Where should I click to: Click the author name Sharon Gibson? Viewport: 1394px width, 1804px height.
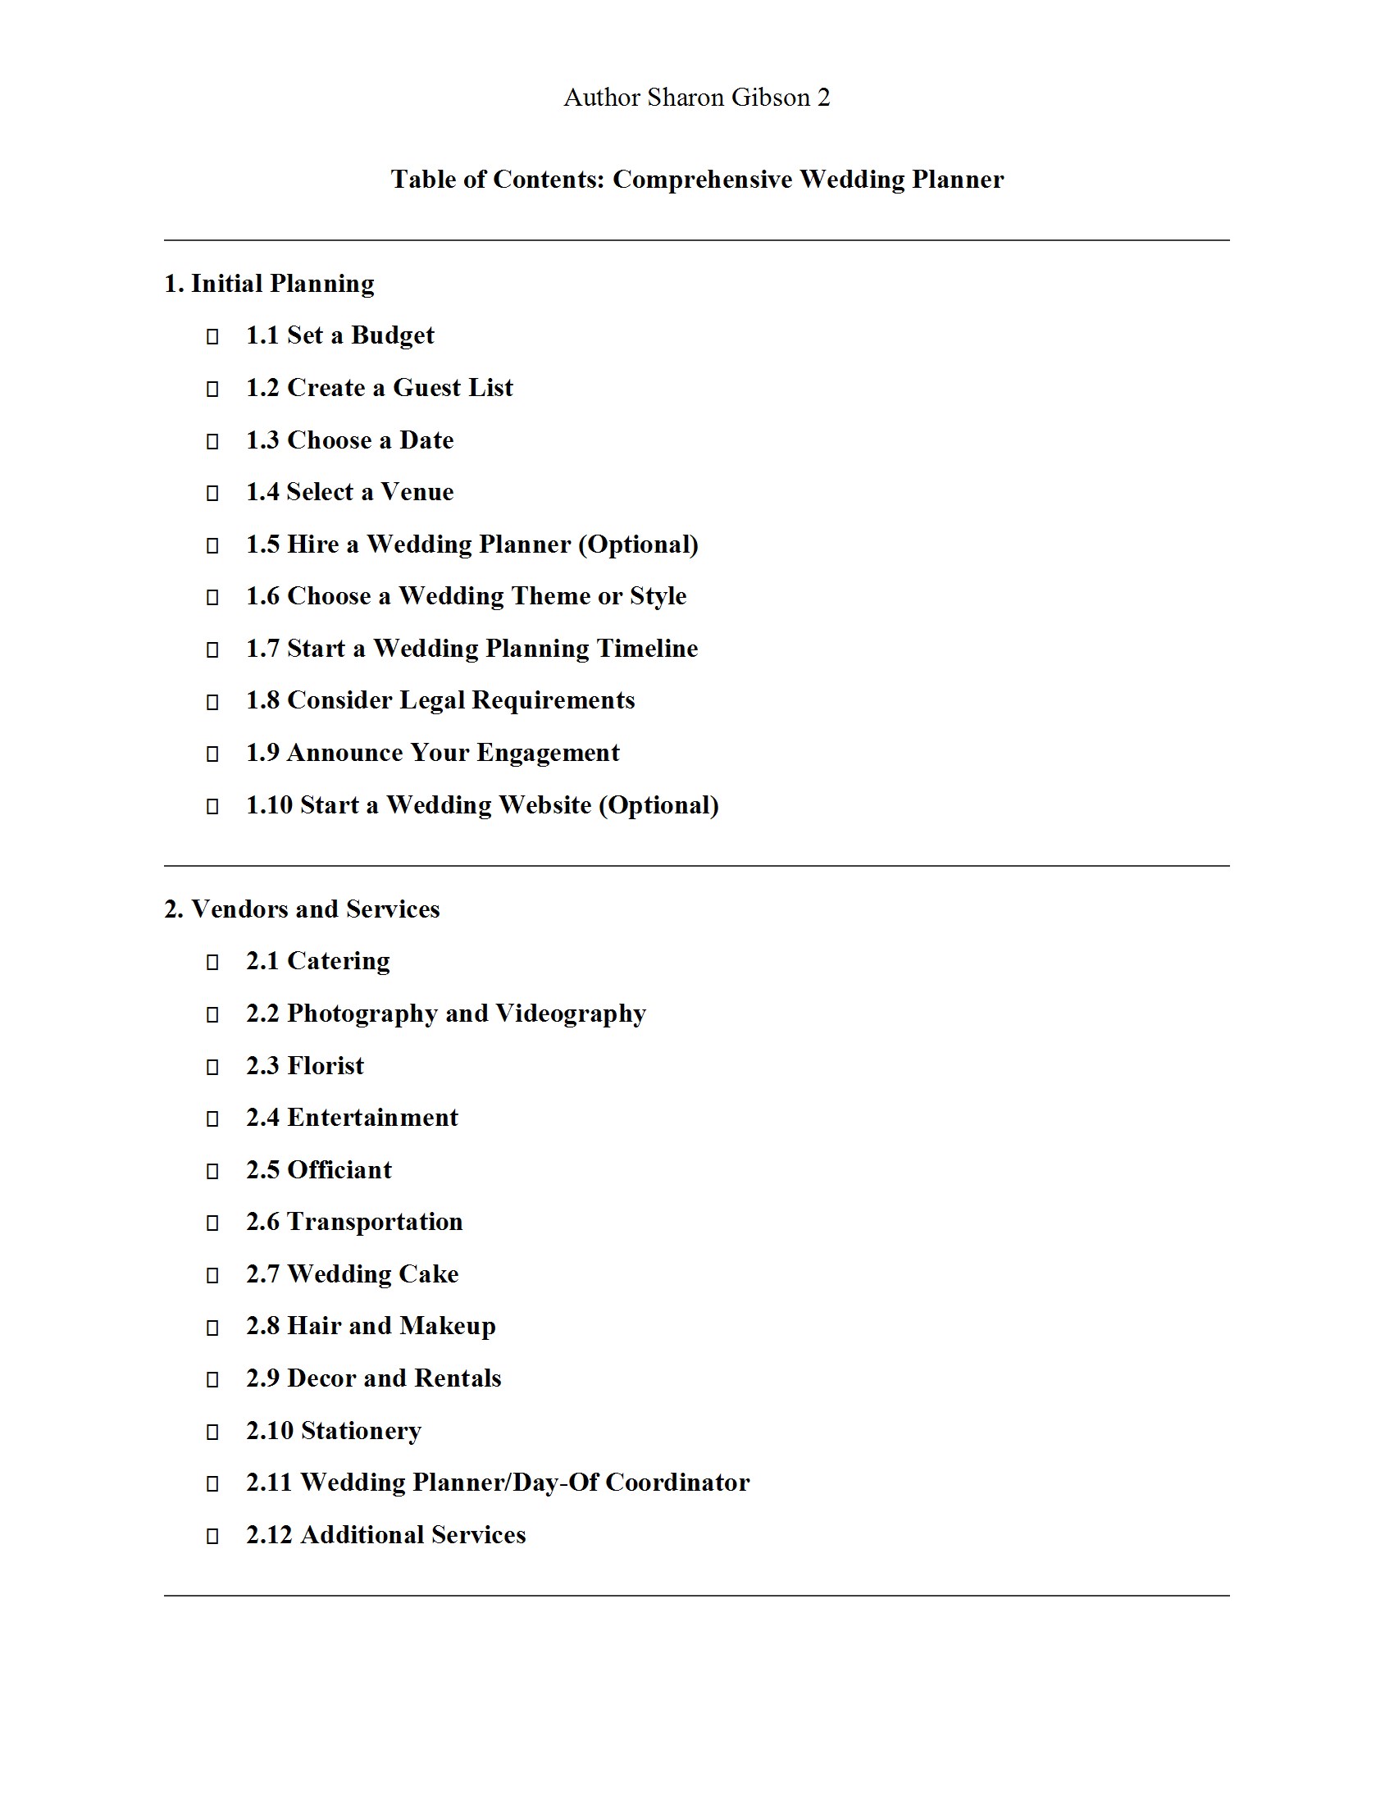coord(727,98)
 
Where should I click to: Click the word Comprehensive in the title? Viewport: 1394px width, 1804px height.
coord(701,180)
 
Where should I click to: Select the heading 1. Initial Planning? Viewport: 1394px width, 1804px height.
coord(268,284)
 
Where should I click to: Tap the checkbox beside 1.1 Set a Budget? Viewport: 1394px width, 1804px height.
coord(212,336)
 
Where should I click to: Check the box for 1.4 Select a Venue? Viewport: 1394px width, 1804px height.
coord(212,493)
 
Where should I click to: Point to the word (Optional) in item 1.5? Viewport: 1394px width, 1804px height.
coord(637,544)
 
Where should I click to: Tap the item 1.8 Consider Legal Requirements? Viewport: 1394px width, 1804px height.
coord(440,700)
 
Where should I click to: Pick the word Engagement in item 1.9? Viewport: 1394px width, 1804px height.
coord(548,753)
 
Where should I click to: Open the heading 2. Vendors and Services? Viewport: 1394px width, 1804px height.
coord(302,909)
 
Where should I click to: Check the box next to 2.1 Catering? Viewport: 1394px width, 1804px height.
coord(212,963)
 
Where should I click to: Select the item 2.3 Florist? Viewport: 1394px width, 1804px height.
coord(305,1065)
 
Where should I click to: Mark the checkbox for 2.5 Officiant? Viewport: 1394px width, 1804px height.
coord(212,1171)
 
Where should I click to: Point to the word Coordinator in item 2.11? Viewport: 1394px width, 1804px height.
coord(677,1483)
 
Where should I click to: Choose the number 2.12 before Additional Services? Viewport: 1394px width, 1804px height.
coord(269,1535)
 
